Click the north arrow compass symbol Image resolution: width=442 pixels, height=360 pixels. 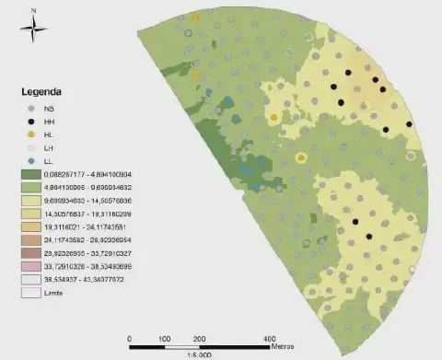point(32,31)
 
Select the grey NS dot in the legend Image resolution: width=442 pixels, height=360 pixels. point(33,109)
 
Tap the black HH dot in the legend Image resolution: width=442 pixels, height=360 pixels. point(33,122)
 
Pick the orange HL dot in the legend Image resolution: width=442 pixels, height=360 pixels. point(33,134)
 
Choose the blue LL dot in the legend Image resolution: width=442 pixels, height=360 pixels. point(33,161)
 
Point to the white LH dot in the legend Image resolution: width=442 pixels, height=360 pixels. point(33,148)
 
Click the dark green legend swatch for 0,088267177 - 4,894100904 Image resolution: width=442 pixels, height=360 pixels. point(33,174)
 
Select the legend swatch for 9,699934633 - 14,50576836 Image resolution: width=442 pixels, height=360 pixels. point(33,200)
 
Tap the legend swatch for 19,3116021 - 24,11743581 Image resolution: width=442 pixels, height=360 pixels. point(33,226)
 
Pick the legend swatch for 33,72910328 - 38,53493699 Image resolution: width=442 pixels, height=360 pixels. point(33,265)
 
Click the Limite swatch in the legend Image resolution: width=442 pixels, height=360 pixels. point(33,292)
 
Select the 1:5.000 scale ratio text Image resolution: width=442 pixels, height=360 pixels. point(199,355)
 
